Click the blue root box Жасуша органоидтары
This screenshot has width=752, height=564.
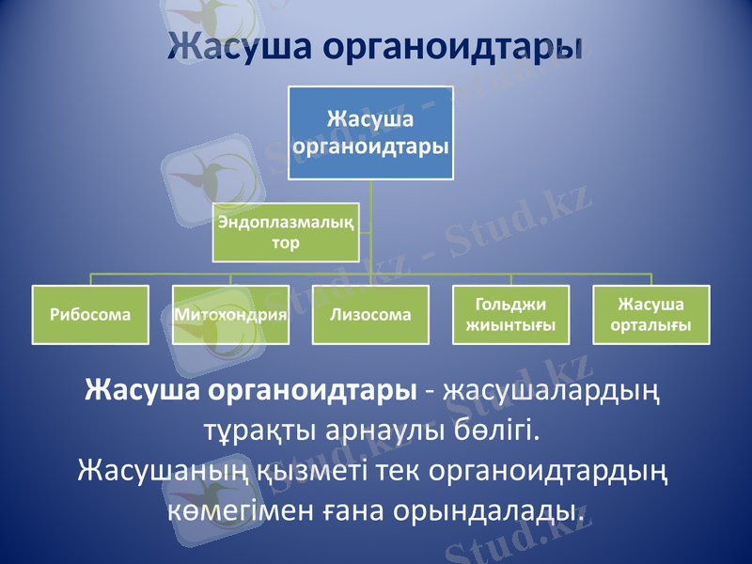[370, 133]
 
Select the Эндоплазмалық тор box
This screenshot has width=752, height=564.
[286, 232]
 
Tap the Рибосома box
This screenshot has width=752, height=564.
[91, 315]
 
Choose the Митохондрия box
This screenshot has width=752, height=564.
[230, 315]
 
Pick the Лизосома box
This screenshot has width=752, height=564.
[370, 315]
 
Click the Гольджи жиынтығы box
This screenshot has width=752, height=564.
[510, 315]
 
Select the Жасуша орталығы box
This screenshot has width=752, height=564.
[650, 315]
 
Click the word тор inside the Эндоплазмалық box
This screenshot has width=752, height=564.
[286, 243]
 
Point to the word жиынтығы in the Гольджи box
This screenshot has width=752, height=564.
[510, 325]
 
